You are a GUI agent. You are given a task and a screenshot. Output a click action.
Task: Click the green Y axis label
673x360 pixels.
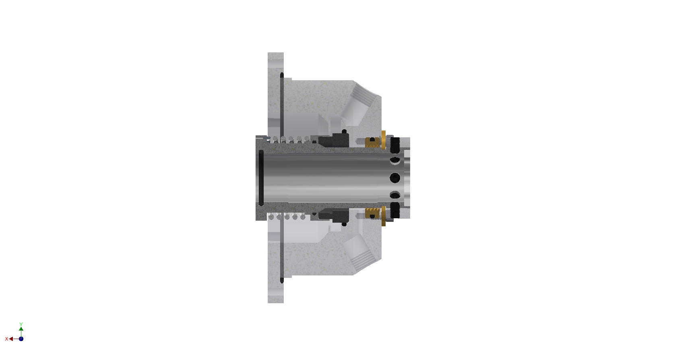tap(21, 324)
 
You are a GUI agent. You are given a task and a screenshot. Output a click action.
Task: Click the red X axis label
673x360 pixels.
tap(6, 339)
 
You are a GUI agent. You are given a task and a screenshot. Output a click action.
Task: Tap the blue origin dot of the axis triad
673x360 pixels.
tap(21, 339)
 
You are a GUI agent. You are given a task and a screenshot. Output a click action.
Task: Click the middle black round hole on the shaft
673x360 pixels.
tap(395, 178)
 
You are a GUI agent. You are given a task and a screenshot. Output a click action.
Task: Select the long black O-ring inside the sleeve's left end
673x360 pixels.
tap(261, 178)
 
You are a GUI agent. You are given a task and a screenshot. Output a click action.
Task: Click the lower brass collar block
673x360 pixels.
tap(373, 213)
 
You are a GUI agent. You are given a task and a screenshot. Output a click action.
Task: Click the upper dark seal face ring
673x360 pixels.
tap(334, 140)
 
